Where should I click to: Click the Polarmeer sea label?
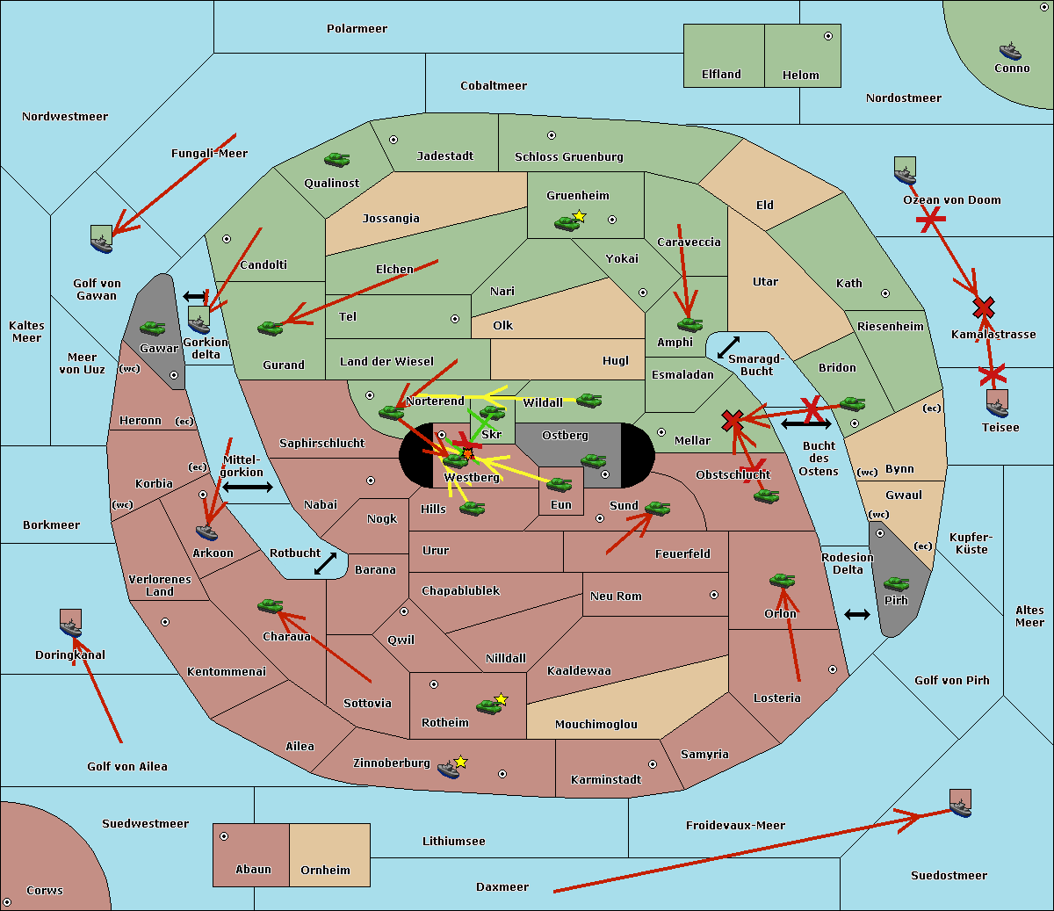click(357, 29)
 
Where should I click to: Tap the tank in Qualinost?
click(336, 160)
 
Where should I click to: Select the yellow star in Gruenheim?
click(579, 216)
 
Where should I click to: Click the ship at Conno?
click(1010, 51)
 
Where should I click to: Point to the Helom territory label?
click(800, 76)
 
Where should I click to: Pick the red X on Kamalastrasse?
click(984, 307)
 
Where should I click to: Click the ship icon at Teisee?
click(997, 404)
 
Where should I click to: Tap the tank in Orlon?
click(782, 581)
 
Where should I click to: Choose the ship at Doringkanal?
click(71, 624)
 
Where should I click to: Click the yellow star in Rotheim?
click(502, 699)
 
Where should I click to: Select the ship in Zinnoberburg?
click(449, 770)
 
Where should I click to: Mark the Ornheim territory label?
click(325, 871)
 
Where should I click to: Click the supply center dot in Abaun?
click(224, 836)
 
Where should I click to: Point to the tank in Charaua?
click(270, 606)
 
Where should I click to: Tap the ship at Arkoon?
click(207, 531)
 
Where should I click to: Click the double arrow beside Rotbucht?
click(325, 564)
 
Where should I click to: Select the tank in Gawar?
click(152, 329)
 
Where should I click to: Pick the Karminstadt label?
click(606, 780)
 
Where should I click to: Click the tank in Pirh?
click(896, 584)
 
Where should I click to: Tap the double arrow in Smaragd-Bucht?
click(728, 348)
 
